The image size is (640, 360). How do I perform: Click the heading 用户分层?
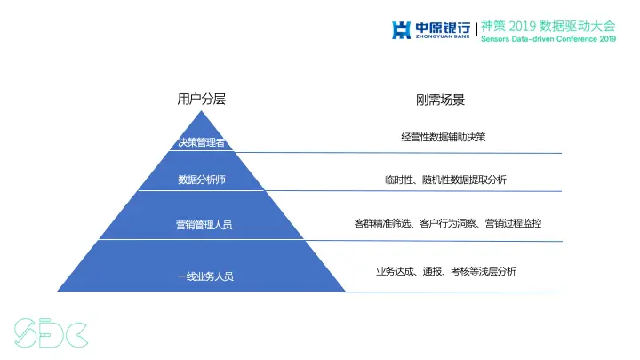pyautogui.click(x=202, y=100)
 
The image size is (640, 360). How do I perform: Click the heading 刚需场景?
pyautogui.click(x=441, y=100)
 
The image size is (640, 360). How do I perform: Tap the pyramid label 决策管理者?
pyautogui.click(x=202, y=142)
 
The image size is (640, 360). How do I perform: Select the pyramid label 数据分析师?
pyautogui.click(x=202, y=180)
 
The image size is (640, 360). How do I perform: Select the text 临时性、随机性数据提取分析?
pyautogui.click(x=445, y=180)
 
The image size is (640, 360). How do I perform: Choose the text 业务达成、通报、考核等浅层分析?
pyautogui.click(x=445, y=271)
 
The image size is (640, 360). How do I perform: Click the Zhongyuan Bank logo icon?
pyautogui.click(x=402, y=30)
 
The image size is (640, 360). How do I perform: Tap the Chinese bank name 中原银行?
pyautogui.click(x=442, y=27)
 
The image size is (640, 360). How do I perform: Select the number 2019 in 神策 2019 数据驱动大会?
pyautogui.click(x=525, y=27)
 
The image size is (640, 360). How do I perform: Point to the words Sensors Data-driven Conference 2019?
pyautogui.click(x=548, y=39)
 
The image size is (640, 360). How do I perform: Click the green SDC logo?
pyautogui.click(x=50, y=331)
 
